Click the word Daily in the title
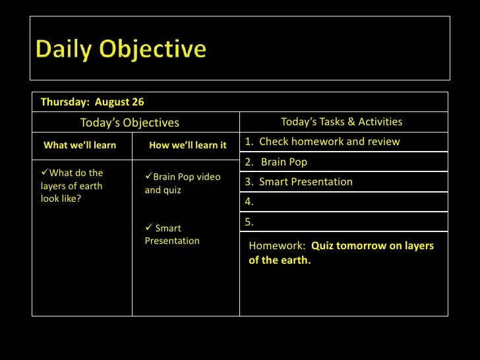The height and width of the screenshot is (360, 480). click(63, 49)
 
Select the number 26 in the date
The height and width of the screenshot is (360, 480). click(138, 102)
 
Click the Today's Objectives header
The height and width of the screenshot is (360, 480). click(129, 123)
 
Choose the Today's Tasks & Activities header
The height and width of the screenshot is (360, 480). click(342, 121)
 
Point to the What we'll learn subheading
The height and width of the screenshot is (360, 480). click(80, 145)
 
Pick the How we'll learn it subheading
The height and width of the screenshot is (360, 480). click(188, 145)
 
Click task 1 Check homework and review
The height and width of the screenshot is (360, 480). click(322, 142)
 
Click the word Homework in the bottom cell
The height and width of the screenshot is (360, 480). click(276, 246)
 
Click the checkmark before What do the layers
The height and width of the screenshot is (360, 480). click(45, 173)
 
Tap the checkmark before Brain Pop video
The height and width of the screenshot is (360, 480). click(148, 177)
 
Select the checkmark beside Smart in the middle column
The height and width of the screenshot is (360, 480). click(148, 228)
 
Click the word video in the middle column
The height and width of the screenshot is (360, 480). click(208, 177)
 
